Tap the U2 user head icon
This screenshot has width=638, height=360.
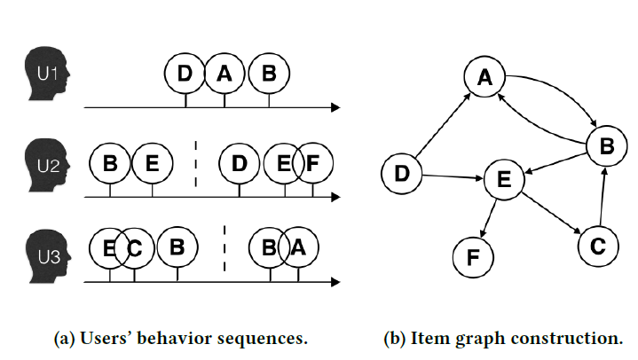click(x=47, y=165)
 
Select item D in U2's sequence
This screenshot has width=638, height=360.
click(x=239, y=163)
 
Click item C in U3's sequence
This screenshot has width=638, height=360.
click(x=134, y=247)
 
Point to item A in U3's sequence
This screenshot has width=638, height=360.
click(x=298, y=247)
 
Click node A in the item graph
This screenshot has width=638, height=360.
click(x=484, y=79)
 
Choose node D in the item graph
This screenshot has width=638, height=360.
click(x=402, y=174)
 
